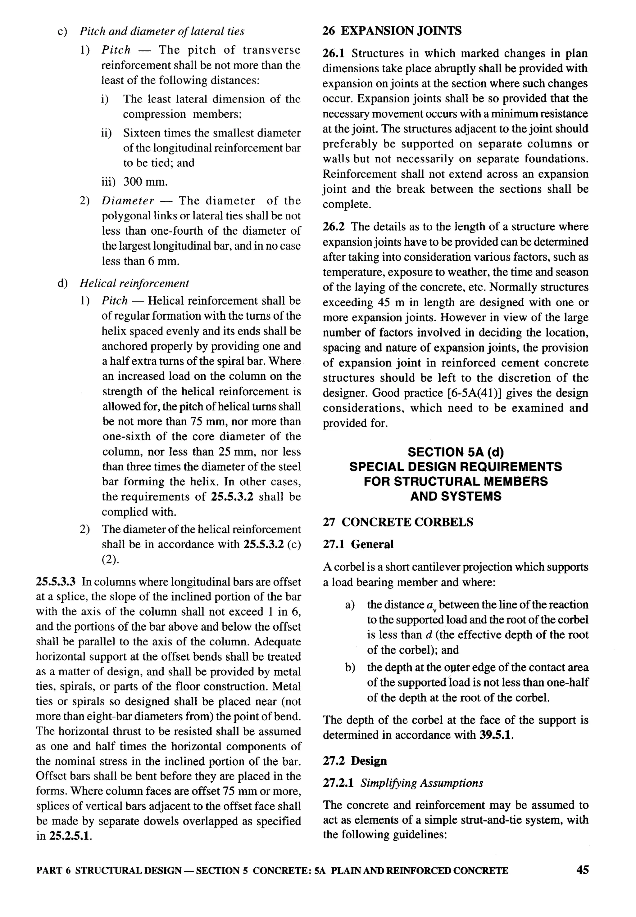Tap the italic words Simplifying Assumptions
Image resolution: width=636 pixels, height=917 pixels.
click(422, 783)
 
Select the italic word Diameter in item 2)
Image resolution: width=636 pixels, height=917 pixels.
click(128, 201)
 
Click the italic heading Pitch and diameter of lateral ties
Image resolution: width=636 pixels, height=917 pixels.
click(162, 31)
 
